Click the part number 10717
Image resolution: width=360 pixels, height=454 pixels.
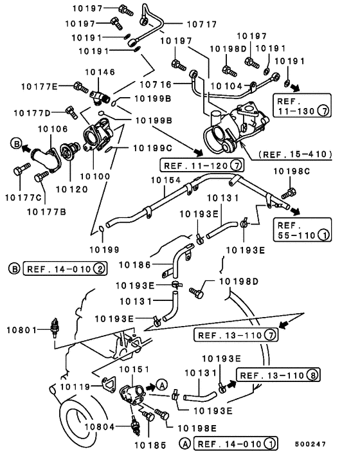click(x=202, y=24)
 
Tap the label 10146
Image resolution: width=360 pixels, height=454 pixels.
click(x=100, y=72)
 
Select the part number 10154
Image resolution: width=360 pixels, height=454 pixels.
click(x=165, y=180)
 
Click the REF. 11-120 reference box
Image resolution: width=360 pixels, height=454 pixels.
click(x=202, y=166)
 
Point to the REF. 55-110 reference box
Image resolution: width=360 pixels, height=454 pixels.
click(x=302, y=230)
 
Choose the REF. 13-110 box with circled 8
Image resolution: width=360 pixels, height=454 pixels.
click(x=278, y=376)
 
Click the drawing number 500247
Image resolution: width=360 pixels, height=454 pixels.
click(x=310, y=444)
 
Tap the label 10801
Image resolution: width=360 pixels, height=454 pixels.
click(x=22, y=330)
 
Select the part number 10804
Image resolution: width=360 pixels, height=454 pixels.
click(x=100, y=427)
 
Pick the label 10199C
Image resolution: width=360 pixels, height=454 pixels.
click(x=152, y=149)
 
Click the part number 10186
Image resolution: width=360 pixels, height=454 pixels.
click(x=134, y=265)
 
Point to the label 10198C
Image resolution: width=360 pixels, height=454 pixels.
click(x=292, y=172)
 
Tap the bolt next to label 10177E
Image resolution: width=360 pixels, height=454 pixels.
click(x=81, y=87)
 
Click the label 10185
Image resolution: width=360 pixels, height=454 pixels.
click(x=150, y=445)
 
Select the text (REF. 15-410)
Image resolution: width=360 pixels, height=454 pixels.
click(x=295, y=154)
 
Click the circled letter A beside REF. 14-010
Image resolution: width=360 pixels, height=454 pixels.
click(x=184, y=443)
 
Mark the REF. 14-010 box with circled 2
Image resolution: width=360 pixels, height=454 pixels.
click(x=65, y=268)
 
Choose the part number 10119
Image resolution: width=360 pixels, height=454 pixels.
click(x=75, y=387)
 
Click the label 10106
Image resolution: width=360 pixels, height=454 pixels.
click(x=53, y=129)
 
